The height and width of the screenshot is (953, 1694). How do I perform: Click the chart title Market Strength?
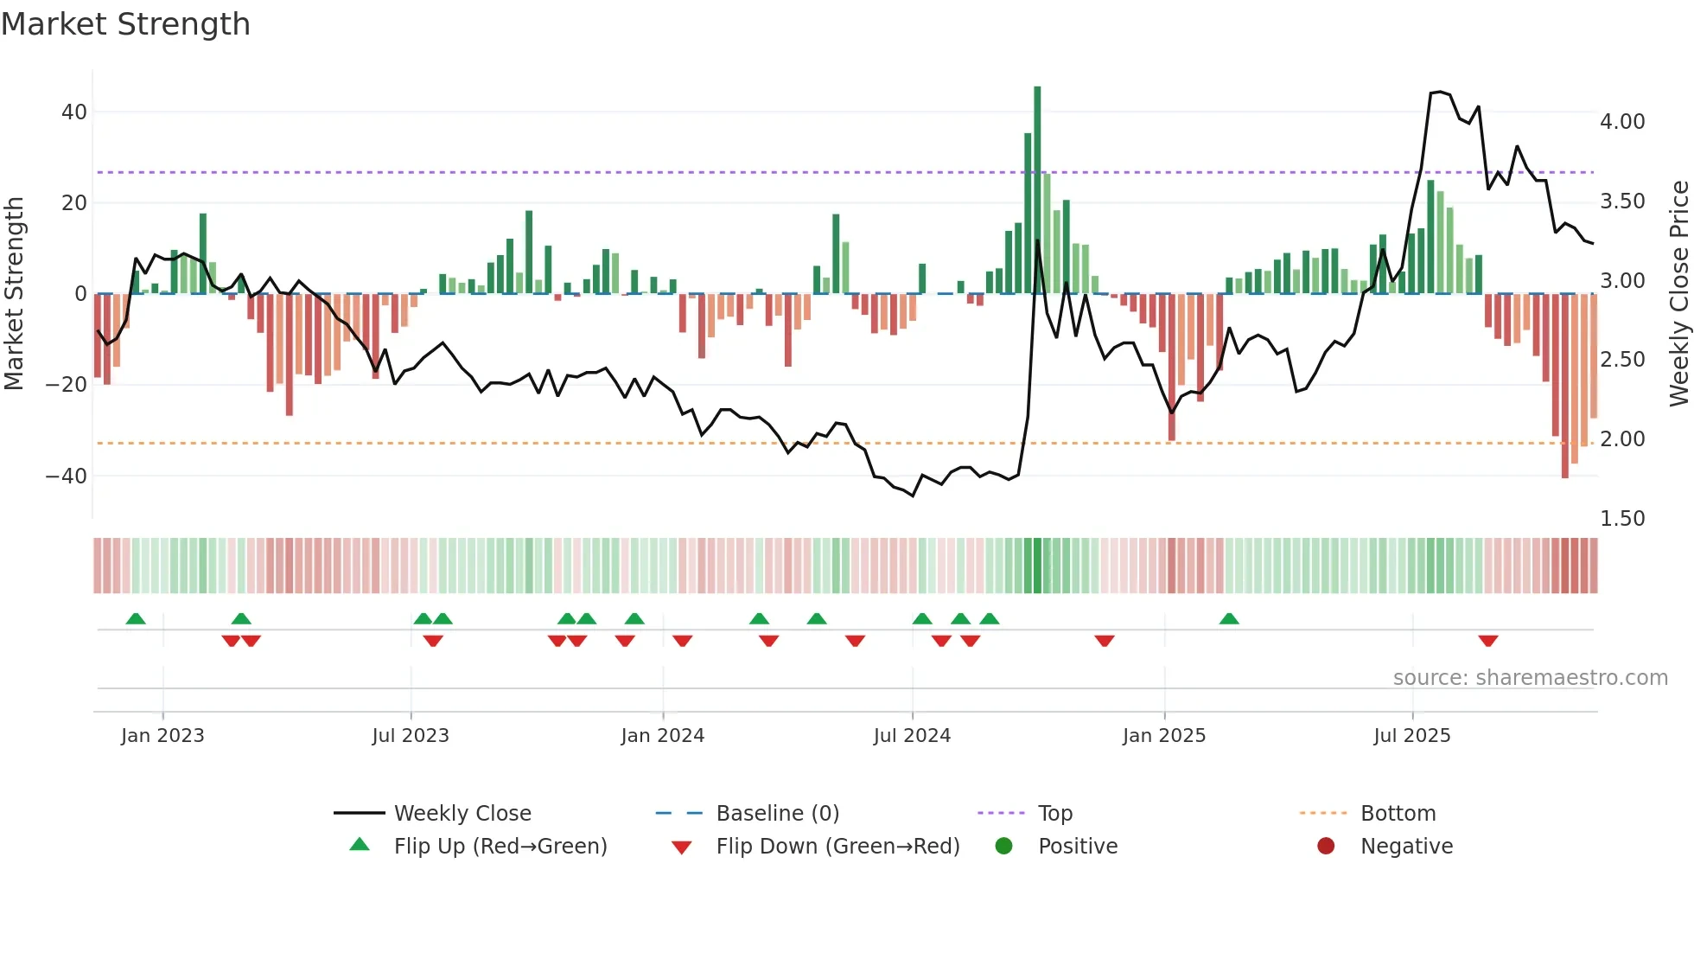click(x=125, y=24)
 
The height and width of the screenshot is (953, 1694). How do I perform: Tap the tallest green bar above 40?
click(x=1037, y=190)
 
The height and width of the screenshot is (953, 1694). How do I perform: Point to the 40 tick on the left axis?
click(x=74, y=112)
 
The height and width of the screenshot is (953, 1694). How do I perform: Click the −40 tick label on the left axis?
click(x=67, y=476)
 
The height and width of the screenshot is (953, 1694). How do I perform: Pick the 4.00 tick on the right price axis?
click(x=1621, y=122)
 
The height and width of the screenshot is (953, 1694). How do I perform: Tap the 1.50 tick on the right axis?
click(x=1621, y=519)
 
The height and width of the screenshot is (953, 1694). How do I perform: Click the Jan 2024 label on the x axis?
click(x=662, y=736)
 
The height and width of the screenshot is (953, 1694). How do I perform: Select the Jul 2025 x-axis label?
click(x=1411, y=736)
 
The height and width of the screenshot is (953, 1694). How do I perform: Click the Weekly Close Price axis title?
click(x=1678, y=294)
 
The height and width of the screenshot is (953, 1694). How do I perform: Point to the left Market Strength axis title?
click(x=14, y=294)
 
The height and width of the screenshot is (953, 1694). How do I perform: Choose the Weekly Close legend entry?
click(x=462, y=814)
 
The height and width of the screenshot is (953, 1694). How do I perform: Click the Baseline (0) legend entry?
click(x=777, y=814)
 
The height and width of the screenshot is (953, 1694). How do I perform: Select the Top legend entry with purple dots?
click(x=1054, y=814)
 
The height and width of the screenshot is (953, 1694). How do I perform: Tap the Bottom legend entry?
click(x=1398, y=814)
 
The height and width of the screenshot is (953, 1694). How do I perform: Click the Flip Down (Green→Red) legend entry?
click(x=837, y=847)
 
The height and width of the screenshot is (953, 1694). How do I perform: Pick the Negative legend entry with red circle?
click(x=1405, y=847)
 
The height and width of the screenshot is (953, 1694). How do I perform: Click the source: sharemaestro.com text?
click(x=1530, y=678)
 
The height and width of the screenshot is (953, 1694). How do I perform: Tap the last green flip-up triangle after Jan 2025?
click(x=1229, y=618)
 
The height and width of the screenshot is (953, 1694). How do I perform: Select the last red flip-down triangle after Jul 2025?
click(x=1487, y=641)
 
